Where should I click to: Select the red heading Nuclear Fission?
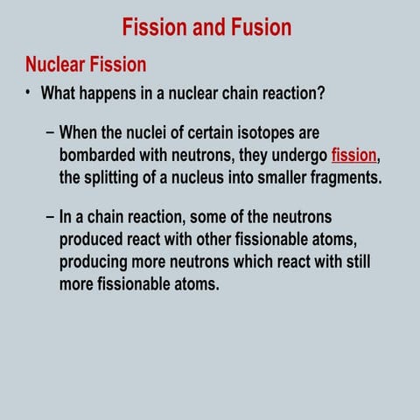click(86, 65)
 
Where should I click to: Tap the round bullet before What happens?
click(29, 92)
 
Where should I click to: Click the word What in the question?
click(60, 92)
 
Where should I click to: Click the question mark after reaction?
click(322, 92)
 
